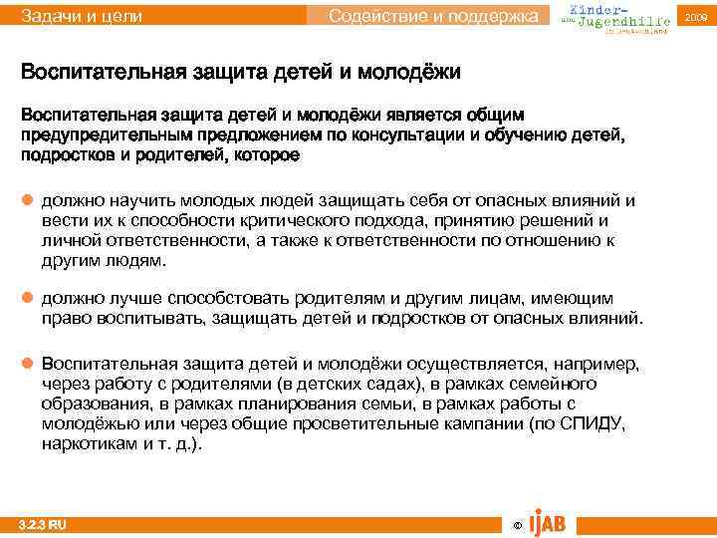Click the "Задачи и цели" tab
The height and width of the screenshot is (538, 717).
coord(82,16)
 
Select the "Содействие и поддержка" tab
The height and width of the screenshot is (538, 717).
coord(438,16)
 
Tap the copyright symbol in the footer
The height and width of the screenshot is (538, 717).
coord(515,525)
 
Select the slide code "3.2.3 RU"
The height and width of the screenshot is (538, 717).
coord(45,525)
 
